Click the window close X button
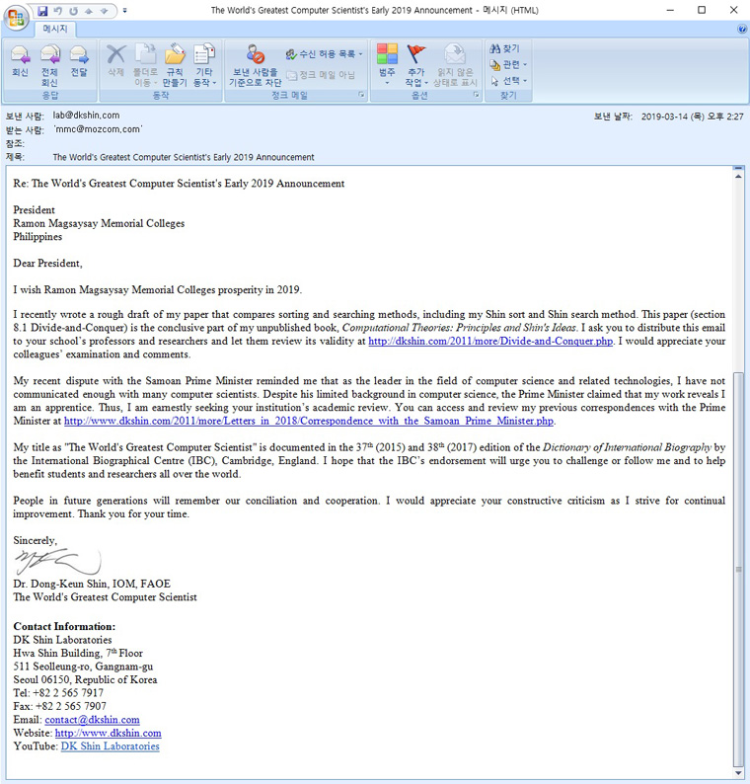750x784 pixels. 729,10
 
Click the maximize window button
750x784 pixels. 702,10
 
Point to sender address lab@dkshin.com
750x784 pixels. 86,116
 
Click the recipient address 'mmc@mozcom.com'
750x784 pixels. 98,129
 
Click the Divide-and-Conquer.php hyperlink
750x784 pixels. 490,342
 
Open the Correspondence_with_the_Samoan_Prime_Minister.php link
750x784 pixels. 309,421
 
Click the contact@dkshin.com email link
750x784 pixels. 92,720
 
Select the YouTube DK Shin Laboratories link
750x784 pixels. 110,746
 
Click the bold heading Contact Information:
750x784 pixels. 64,626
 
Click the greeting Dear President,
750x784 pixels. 47,263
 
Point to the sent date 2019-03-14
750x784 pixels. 669,117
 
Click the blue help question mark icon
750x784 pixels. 741,30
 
